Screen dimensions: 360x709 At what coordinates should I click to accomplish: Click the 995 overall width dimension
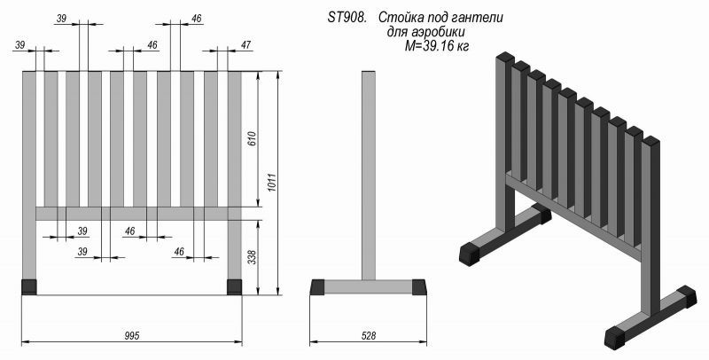(132, 335)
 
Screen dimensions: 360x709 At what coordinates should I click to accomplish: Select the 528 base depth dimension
(370, 335)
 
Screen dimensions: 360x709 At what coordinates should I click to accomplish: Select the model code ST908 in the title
(347, 18)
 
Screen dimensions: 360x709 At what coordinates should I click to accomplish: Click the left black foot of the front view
(29, 286)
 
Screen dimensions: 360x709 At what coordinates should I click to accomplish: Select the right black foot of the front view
(234, 286)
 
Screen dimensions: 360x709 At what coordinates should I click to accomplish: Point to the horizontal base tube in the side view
(368, 286)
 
